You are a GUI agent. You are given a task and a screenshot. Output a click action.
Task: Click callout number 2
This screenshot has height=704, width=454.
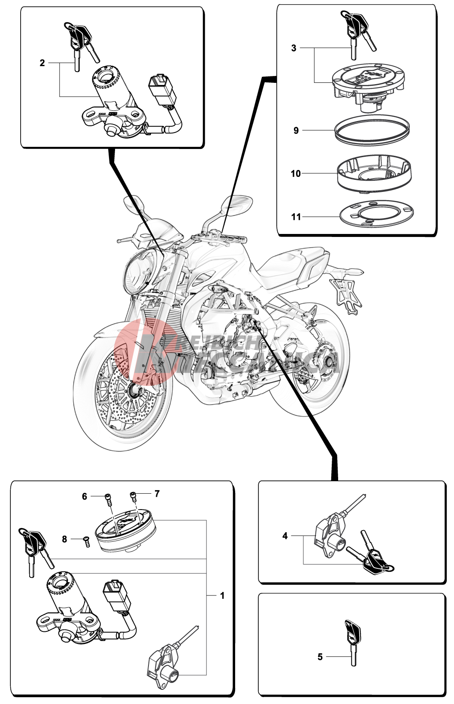(x=42, y=63)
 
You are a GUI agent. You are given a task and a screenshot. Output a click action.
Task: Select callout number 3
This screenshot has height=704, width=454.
(x=294, y=48)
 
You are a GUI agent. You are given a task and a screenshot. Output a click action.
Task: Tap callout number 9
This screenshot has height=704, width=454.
(x=296, y=130)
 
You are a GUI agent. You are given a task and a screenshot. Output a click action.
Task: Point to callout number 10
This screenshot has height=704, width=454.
(x=296, y=174)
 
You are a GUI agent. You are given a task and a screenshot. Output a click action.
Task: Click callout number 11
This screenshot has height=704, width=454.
(x=296, y=217)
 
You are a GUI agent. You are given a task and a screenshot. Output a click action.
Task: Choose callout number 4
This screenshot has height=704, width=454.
(x=285, y=536)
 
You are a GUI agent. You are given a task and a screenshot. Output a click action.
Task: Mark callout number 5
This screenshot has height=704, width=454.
(x=320, y=657)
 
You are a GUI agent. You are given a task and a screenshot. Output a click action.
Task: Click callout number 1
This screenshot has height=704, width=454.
(x=222, y=595)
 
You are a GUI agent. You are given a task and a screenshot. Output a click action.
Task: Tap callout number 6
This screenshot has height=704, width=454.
(x=85, y=496)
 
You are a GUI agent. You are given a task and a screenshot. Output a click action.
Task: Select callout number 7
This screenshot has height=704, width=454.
(x=157, y=494)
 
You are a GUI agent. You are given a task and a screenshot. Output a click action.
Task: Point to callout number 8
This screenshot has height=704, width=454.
(x=64, y=539)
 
